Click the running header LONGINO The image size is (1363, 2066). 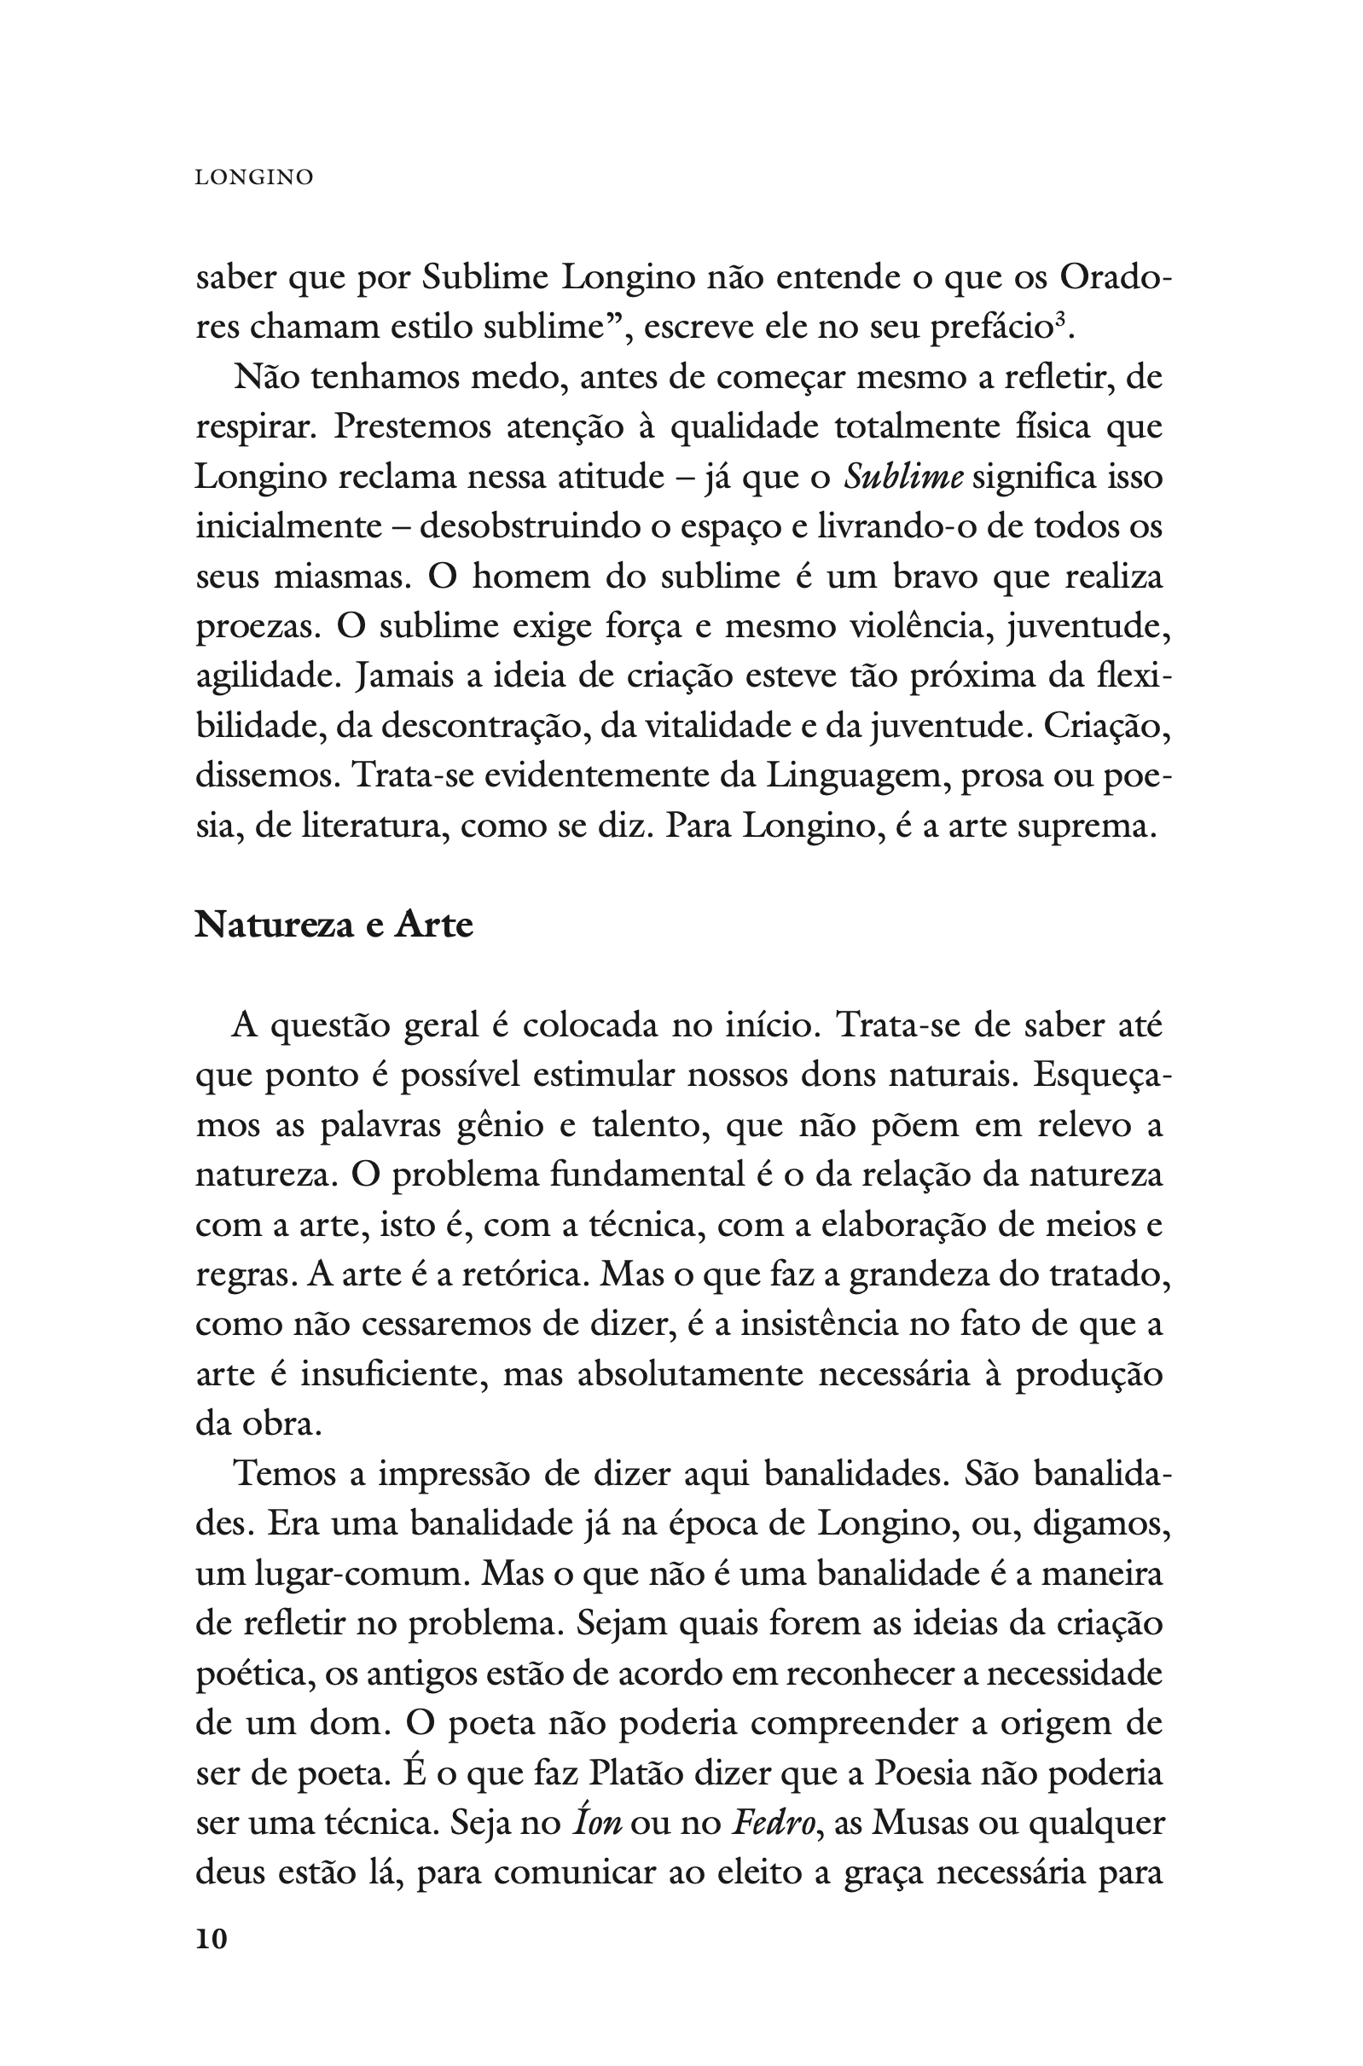click(254, 177)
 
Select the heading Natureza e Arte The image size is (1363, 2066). click(333, 925)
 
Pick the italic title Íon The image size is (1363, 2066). click(597, 1823)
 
